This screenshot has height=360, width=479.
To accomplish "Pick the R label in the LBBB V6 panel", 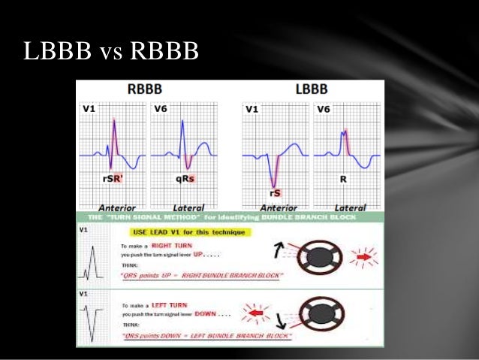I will (345, 180).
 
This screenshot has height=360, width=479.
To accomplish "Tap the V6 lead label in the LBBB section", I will (323, 110).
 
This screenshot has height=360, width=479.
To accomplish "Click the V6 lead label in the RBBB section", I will (161, 110).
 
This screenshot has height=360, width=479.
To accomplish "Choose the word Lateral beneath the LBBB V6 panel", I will (349, 207).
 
